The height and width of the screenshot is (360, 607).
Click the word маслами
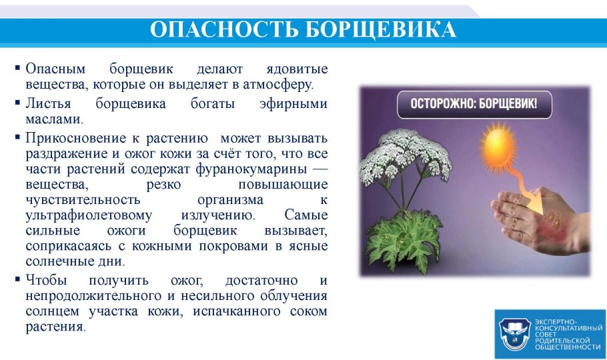[53, 120]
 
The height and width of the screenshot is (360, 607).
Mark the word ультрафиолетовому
[89, 215]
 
